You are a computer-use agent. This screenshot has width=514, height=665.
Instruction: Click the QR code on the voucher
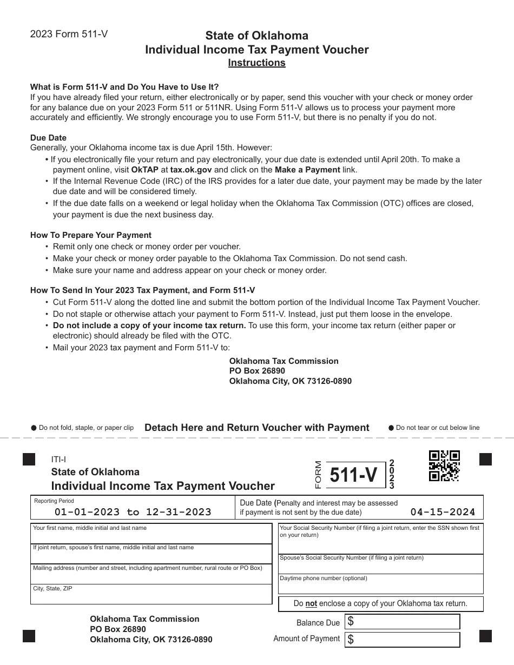pos(444,465)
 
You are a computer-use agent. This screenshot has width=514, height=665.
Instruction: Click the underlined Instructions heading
pos(256,63)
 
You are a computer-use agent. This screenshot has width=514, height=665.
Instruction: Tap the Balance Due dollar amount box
pos(403,622)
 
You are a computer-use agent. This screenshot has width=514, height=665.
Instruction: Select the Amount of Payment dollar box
pos(403,639)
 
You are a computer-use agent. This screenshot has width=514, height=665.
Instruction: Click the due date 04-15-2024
pos(443,512)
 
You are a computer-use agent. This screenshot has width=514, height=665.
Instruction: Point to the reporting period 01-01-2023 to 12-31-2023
pos(133,512)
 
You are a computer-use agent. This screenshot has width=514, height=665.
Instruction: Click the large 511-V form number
pos(353,475)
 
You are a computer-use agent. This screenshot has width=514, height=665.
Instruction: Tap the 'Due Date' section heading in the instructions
pos(48,138)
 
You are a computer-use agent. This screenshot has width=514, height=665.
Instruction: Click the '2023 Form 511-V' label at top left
pos(69,34)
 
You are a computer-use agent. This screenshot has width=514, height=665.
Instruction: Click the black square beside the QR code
pos(485,460)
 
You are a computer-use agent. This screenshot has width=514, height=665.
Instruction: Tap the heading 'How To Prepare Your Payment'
pos(91,235)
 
